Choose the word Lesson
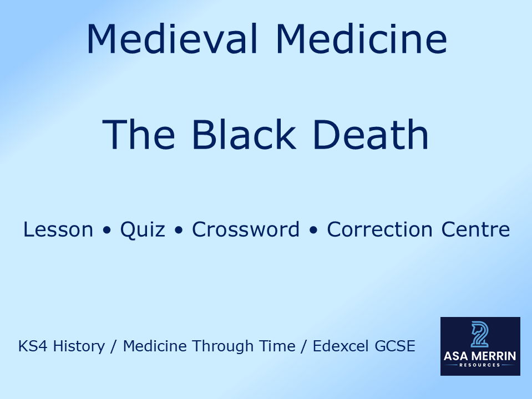click(x=58, y=229)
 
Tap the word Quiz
click(x=143, y=229)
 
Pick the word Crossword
click(x=246, y=229)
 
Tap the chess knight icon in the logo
click(x=480, y=335)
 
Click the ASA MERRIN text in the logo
click(x=480, y=356)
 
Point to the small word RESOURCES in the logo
click(x=480, y=366)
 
